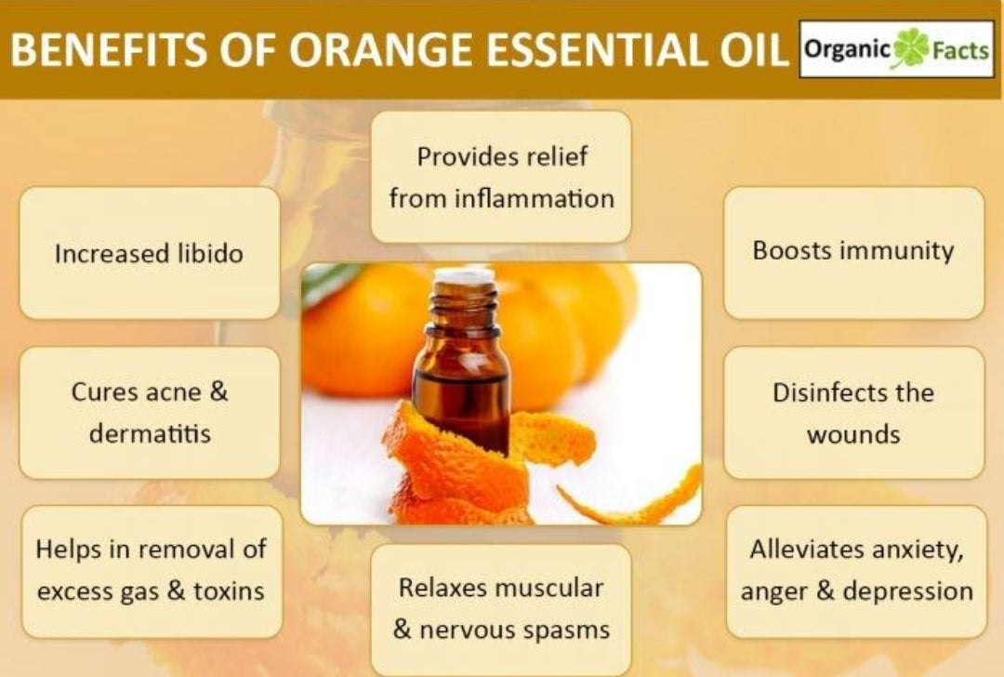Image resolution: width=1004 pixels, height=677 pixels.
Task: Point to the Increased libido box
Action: tap(150, 253)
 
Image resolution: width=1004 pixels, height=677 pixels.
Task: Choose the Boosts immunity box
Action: tap(853, 252)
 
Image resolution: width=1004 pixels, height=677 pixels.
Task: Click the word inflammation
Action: tap(534, 198)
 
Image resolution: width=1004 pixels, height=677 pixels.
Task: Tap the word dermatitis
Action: tap(150, 433)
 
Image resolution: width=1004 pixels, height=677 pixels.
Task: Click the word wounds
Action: tap(853, 435)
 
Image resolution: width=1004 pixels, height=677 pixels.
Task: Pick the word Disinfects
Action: tap(829, 392)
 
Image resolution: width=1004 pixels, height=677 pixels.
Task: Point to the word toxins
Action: tap(229, 591)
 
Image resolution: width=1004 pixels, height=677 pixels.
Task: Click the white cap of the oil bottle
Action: tap(464, 277)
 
